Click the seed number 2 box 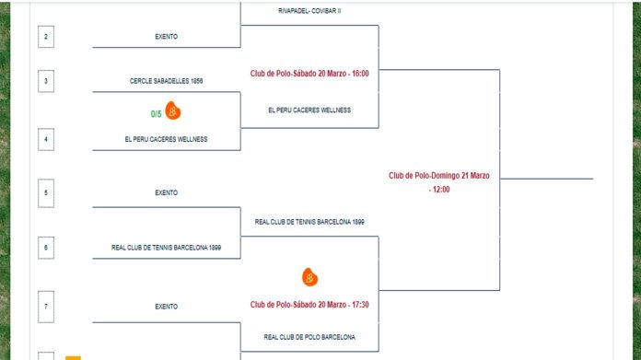click(46, 37)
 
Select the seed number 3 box click(46, 81)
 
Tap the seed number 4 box click(46, 139)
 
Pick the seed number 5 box click(46, 192)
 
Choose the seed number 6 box click(46, 247)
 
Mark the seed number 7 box click(46, 306)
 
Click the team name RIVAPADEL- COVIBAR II click(309, 11)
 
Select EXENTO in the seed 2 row click(166, 37)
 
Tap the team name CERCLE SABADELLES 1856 click(166, 81)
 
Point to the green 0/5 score click(157, 113)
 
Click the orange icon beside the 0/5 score click(173, 112)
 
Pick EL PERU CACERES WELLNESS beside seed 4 click(166, 139)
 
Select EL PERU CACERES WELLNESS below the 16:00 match click(309, 110)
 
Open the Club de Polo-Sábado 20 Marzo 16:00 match click(309, 73)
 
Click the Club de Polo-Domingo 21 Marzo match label click(438, 181)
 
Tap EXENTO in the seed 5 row click(166, 192)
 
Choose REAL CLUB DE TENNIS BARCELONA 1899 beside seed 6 click(166, 247)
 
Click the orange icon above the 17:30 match click(309, 276)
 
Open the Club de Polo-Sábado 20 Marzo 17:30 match click(309, 305)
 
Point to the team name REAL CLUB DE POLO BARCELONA click(309, 337)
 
